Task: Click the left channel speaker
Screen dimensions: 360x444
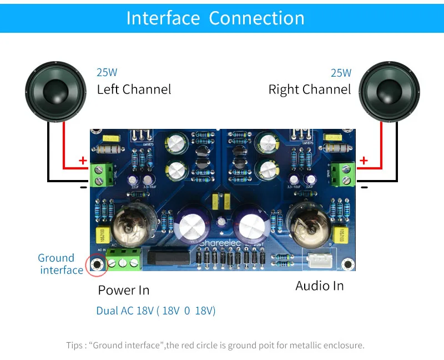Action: pyautogui.click(x=56, y=91)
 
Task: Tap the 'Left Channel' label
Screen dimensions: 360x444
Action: pyautogui.click(x=134, y=89)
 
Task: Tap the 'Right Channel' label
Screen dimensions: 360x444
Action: pyautogui.click(x=310, y=89)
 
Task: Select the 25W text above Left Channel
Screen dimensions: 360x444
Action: pyautogui.click(x=107, y=72)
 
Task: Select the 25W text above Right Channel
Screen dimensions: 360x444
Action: pyautogui.click(x=341, y=73)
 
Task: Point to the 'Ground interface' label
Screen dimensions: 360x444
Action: pyautogui.click(x=60, y=264)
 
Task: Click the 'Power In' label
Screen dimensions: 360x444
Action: pyautogui.click(x=124, y=290)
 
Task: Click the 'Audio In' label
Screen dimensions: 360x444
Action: pyautogui.click(x=320, y=286)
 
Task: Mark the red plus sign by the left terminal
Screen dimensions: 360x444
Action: pyautogui.click(x=83, y=161)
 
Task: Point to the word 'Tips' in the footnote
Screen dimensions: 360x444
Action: pyautogui.click(x=75, y=346)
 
